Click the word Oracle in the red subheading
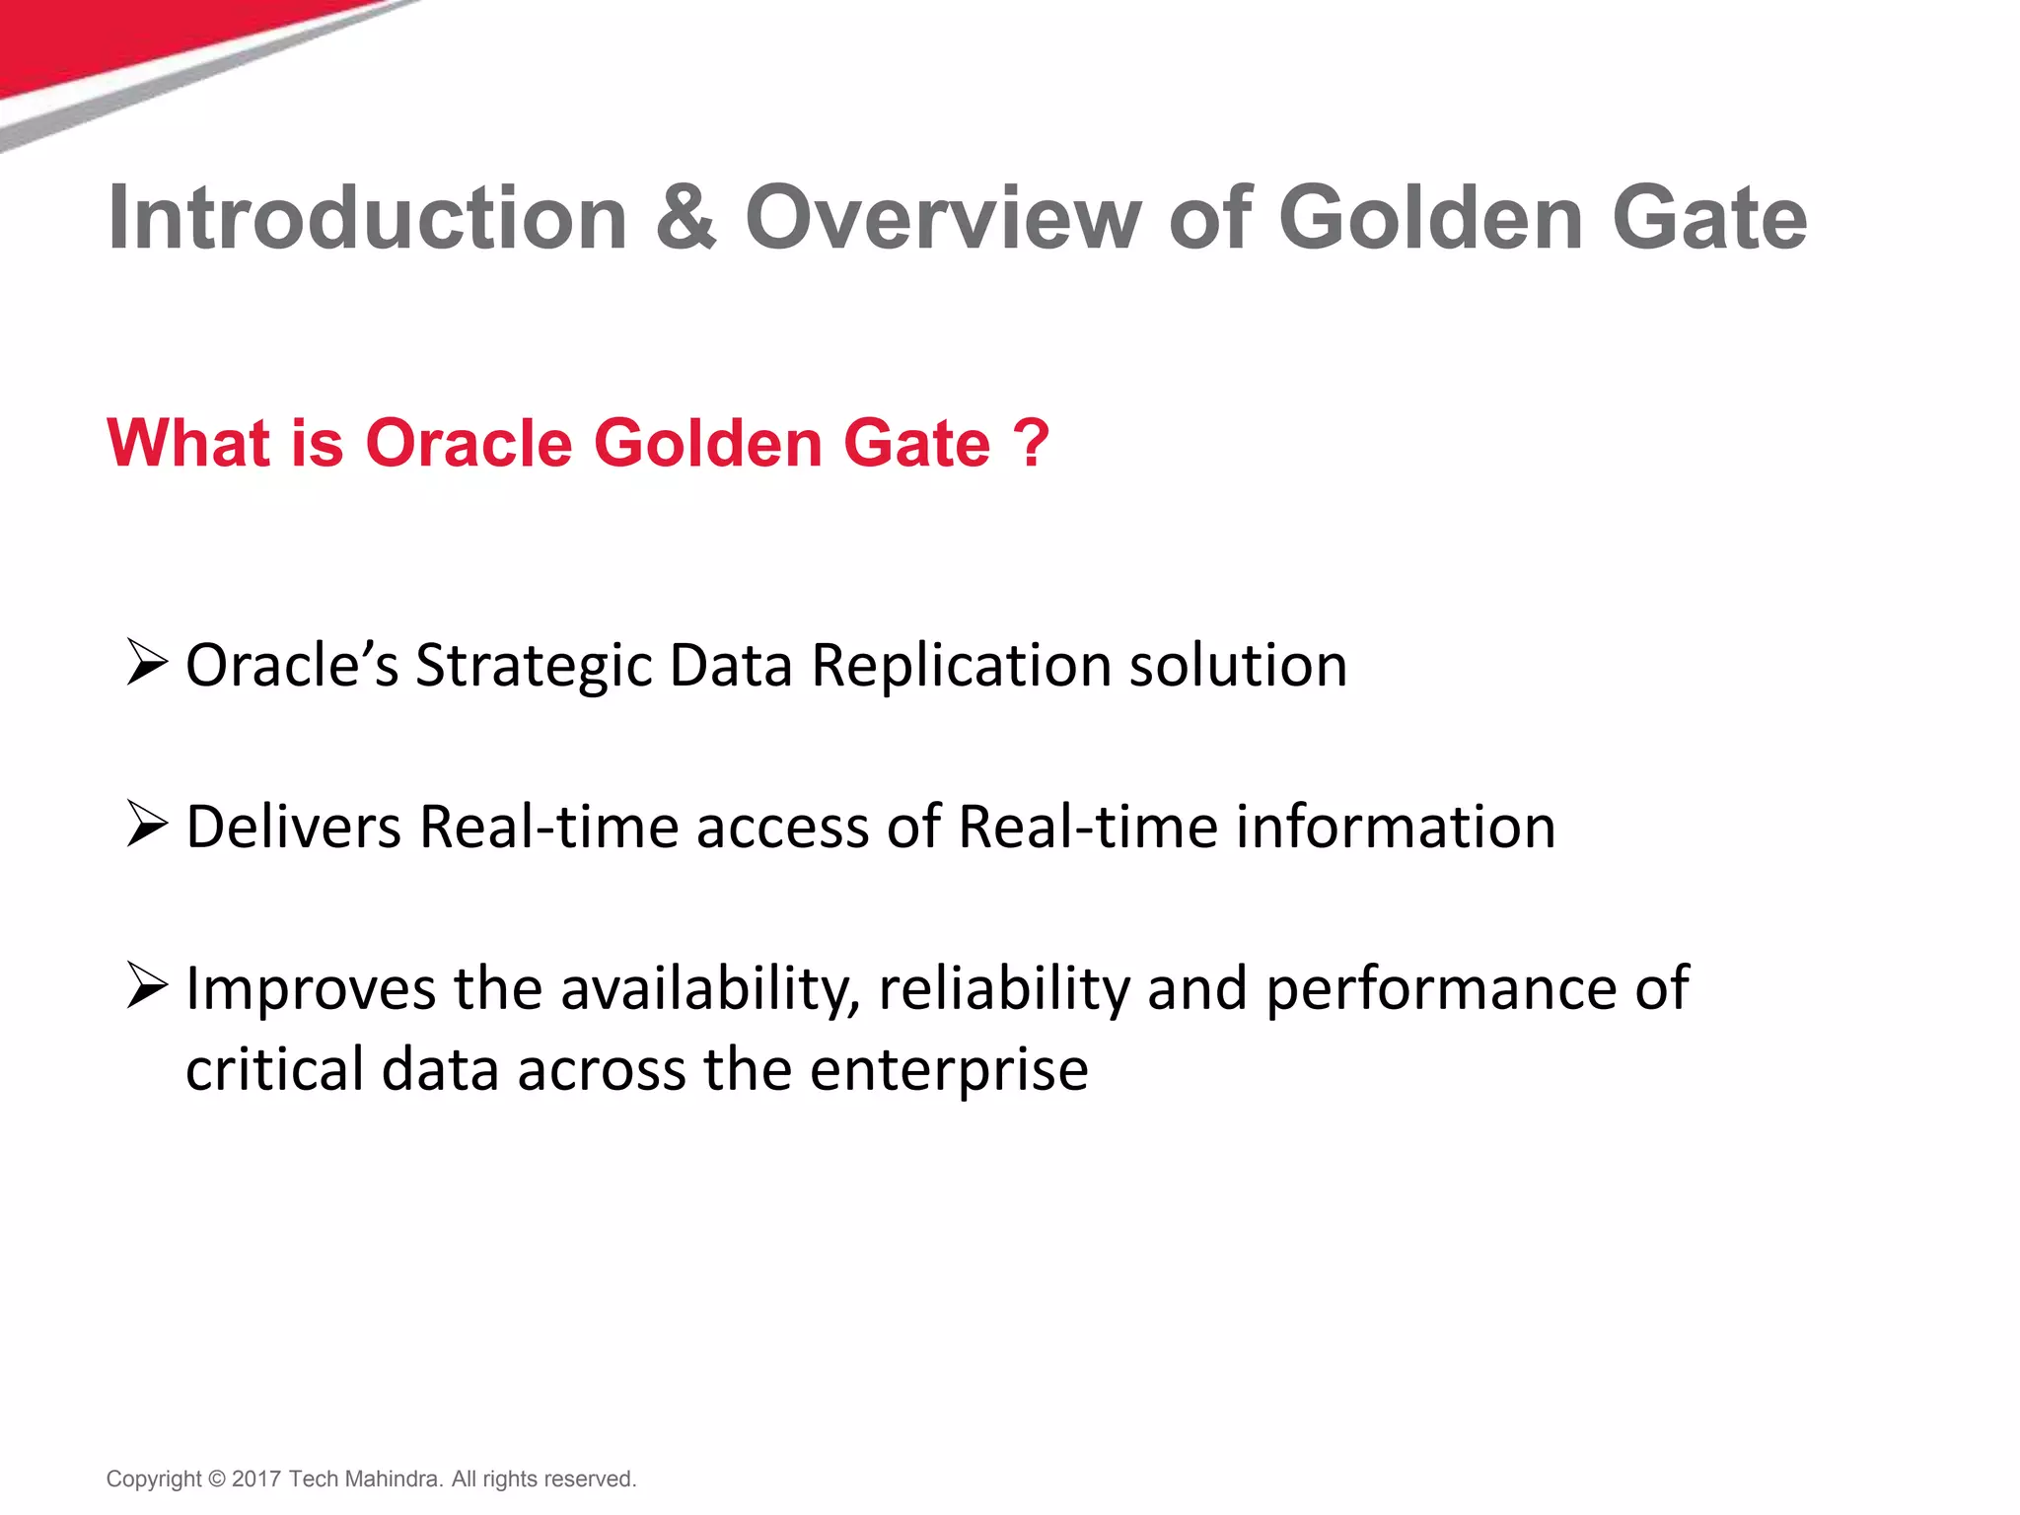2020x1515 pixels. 469,443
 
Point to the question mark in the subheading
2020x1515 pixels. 1032,443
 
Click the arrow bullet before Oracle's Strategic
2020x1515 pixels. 147,662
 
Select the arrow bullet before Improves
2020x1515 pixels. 147,985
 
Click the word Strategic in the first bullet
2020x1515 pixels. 533,666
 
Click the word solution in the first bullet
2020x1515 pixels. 1238,666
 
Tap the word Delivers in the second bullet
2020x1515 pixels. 293,827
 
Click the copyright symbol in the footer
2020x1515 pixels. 217,1479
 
